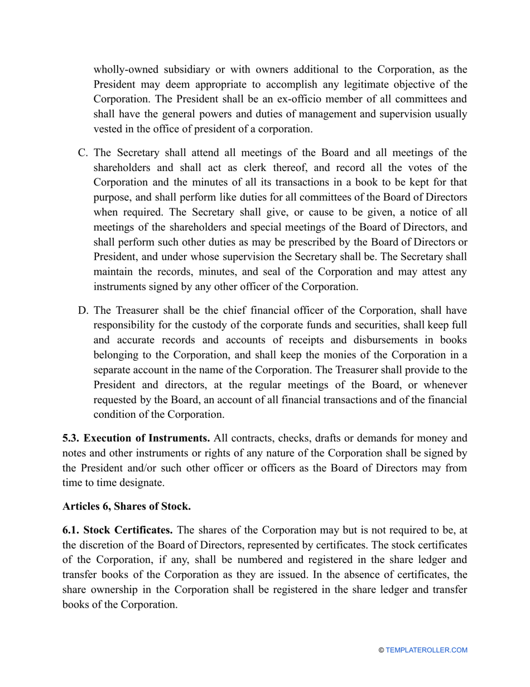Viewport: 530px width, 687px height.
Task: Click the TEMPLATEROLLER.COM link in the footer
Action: coord(426,650)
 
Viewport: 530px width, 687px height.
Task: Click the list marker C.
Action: coord(82,153)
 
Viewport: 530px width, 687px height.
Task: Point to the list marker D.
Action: coord(82,311)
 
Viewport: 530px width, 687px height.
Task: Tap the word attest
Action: coord(436,272)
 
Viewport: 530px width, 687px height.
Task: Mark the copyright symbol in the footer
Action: coord(381,650)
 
